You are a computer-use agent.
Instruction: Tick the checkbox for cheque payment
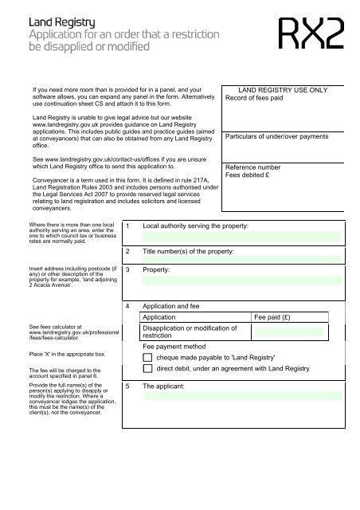tap(148, 358)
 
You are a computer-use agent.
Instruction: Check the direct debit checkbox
tap(148, 370)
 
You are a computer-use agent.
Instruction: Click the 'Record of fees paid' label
tap(260, 100)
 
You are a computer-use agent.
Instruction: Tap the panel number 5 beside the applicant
tap(127, 385)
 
